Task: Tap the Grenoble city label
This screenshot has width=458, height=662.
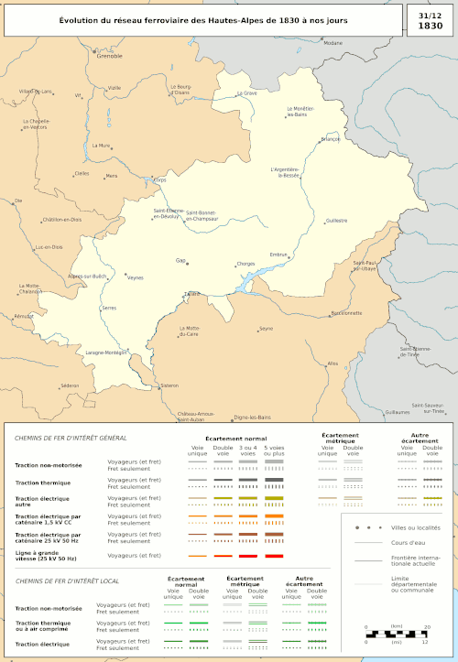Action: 109,56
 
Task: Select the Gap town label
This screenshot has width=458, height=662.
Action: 180,260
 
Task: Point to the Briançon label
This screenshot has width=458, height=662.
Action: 330,139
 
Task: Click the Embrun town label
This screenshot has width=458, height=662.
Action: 278,254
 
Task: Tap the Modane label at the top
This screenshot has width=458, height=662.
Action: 333,43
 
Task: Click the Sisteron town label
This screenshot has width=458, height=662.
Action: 169,385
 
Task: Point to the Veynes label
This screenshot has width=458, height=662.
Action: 136,277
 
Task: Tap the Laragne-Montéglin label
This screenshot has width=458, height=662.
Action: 106,353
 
